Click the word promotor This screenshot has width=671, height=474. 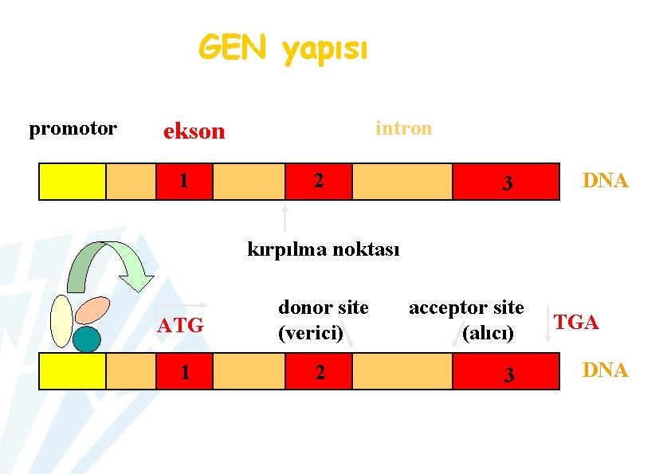73,128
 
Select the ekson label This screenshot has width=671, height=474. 194,131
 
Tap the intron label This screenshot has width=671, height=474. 403,127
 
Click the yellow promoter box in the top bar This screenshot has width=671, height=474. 73,181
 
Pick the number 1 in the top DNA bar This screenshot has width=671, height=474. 184,180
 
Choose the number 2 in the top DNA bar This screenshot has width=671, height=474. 318,180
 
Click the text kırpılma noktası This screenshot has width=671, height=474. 324,249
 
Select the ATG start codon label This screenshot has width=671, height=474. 180,325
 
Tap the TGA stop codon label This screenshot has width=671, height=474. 576,322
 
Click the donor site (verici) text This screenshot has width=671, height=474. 323,319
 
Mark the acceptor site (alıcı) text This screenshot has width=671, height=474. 466,319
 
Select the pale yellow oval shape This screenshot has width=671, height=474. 61,321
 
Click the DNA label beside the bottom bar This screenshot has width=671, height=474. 605,370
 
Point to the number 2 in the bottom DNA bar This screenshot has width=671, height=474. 320,371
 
